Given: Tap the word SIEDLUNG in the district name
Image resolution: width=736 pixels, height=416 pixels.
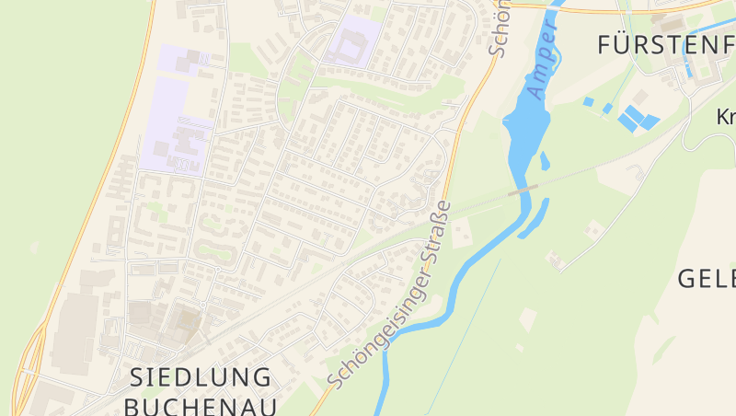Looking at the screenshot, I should pyautogui.click(x=201, y=376).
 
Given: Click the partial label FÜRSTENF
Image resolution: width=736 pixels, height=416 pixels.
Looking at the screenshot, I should pyautogui.click(x=665, y=43).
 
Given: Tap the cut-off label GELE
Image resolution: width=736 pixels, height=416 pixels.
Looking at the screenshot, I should pyautogui.click(x=707, y=278).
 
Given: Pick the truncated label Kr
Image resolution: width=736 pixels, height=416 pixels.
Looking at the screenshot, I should pyautogui.click(x=726, y=117).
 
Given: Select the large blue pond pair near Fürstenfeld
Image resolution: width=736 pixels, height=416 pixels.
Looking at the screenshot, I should pyautogui.click(x=637, y=119).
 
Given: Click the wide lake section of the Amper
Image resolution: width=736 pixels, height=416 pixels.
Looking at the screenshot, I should pyautogui.click(x=525, y=129).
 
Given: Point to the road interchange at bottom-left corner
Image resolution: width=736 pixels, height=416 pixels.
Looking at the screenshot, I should pyautogui.click(x=28, y=368).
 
